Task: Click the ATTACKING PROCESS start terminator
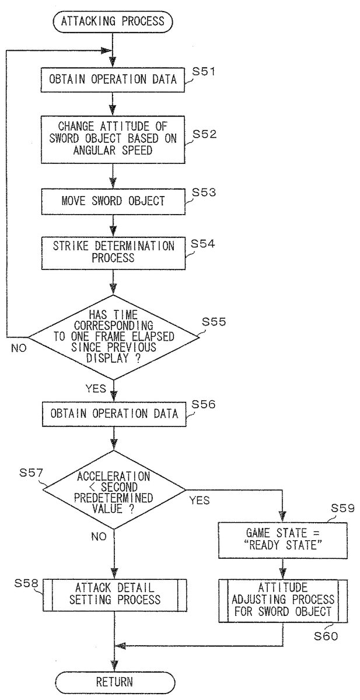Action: click(x=113, y=23)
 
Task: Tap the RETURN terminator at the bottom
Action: click(x=115, y=681)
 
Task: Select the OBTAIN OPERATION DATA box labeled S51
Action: click(x=113, y=79)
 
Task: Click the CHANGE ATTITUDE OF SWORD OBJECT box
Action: click(x=113, y=138)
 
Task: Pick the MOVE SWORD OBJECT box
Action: click(x=113, y=201)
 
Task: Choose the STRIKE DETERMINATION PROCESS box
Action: click(x=113, y=252)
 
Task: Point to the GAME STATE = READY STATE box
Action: click(x=282, y=537)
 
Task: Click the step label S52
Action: click(x=205, y=134)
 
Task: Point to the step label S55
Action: click(x=214, y=321)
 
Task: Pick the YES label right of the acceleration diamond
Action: click(x=200, y=500)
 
